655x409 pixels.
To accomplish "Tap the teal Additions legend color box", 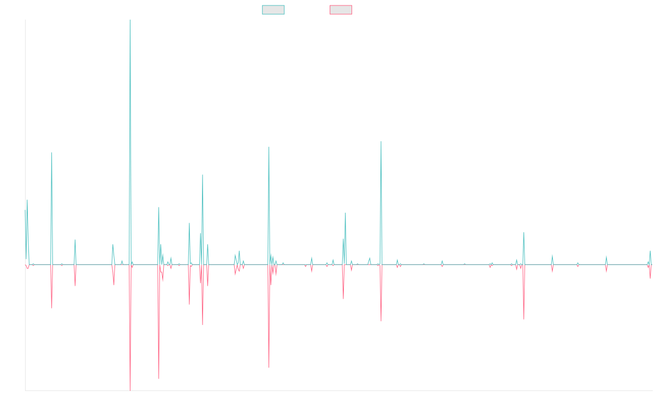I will point(273,10).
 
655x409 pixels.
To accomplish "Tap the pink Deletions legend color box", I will point(341,10).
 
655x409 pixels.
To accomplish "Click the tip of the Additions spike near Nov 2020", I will point(381,141).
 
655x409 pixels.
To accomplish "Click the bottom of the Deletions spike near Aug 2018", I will point(269,368).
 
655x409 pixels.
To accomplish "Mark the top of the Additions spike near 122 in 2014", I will point(52,152).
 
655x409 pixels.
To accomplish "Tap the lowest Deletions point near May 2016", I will point(130,390).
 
